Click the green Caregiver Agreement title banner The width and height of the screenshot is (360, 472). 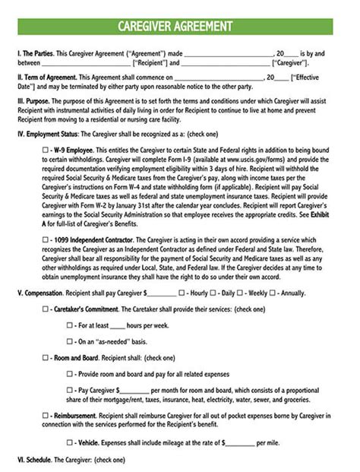180,27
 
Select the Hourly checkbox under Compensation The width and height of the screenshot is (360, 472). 182,293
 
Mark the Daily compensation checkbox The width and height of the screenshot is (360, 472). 216,293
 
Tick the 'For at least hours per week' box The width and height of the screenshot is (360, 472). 70,325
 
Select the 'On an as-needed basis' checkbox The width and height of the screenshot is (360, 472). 70,341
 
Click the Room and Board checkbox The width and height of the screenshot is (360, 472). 46,357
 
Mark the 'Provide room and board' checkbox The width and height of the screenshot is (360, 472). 70,374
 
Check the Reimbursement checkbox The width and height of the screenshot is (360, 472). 46,417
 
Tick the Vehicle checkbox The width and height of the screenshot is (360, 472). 70,442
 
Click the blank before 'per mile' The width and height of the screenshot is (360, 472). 240,443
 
